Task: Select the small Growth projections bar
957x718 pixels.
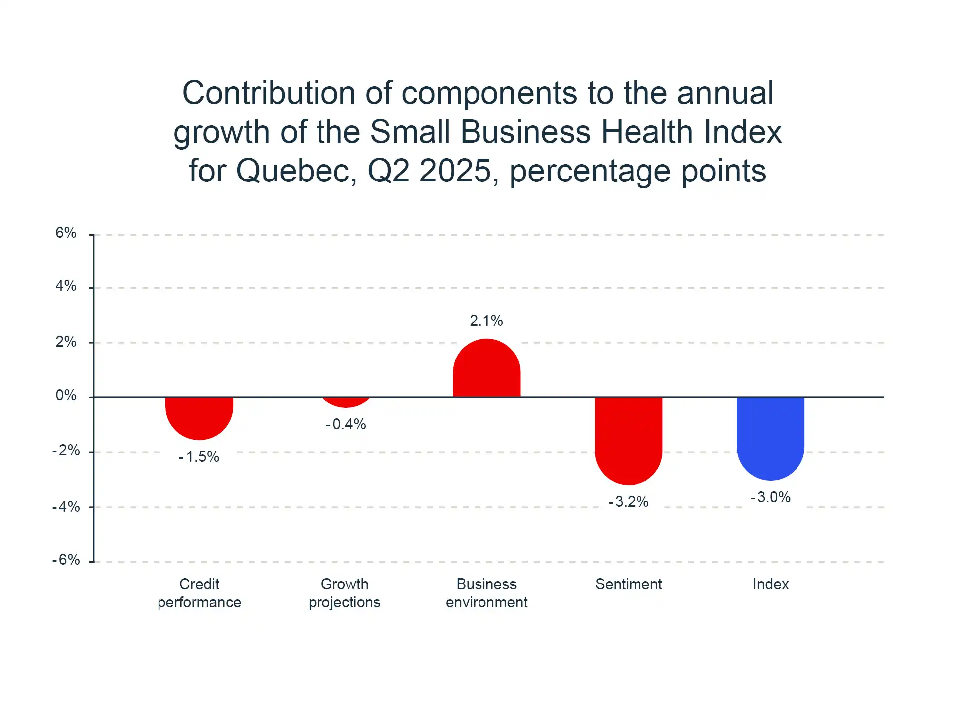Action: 346,402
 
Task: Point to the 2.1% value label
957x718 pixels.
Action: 486,321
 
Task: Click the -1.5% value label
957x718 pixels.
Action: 199,457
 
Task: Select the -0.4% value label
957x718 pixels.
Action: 346,424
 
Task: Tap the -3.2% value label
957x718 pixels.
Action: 629,502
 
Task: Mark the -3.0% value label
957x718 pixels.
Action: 771,497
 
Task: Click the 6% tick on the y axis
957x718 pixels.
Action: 66,233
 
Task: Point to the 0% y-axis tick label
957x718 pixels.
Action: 66,395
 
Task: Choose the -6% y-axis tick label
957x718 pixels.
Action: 66,560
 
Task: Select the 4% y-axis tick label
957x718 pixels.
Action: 66,286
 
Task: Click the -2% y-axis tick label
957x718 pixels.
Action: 66,450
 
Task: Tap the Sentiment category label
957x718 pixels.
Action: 629,584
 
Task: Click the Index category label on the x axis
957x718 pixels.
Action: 771,584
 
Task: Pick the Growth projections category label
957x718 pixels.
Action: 344,593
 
